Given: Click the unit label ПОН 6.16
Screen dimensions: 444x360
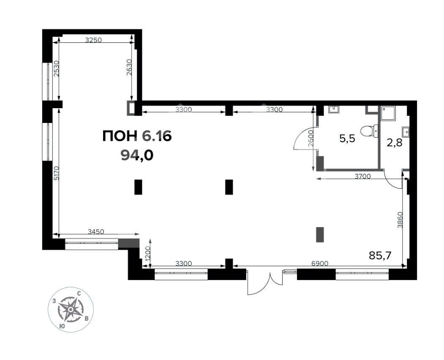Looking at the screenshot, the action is click(137, 136).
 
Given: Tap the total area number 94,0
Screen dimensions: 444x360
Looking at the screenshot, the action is click(137, 155).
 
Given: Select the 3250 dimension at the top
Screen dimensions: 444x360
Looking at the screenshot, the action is click(93, 40).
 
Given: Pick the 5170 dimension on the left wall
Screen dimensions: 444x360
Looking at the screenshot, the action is click(56, 173).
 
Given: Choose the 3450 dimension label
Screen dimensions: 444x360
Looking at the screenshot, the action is click(96, 232).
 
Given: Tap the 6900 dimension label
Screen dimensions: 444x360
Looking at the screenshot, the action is click(320, 263).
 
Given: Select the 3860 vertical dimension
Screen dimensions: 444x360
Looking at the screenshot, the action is click(400, 220).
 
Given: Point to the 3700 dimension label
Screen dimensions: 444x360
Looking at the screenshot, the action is click(363, 176).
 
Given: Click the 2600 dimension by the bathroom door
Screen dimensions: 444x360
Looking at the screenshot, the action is click(311, 138).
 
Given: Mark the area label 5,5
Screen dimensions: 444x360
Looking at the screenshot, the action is click(347, 139).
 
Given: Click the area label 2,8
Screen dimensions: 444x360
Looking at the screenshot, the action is click(395, 143).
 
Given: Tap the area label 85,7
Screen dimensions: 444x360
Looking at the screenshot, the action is click(380, 256).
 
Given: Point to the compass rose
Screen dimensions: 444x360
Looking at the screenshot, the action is click(70, 309).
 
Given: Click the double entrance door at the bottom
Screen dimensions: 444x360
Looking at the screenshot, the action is click(265, 282).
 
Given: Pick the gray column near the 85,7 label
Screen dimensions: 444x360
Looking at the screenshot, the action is click(320, 235).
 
